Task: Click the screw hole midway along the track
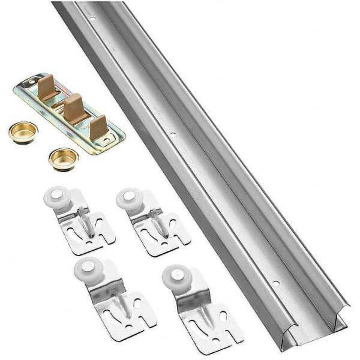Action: pyautogui.click(x=173, y=136)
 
